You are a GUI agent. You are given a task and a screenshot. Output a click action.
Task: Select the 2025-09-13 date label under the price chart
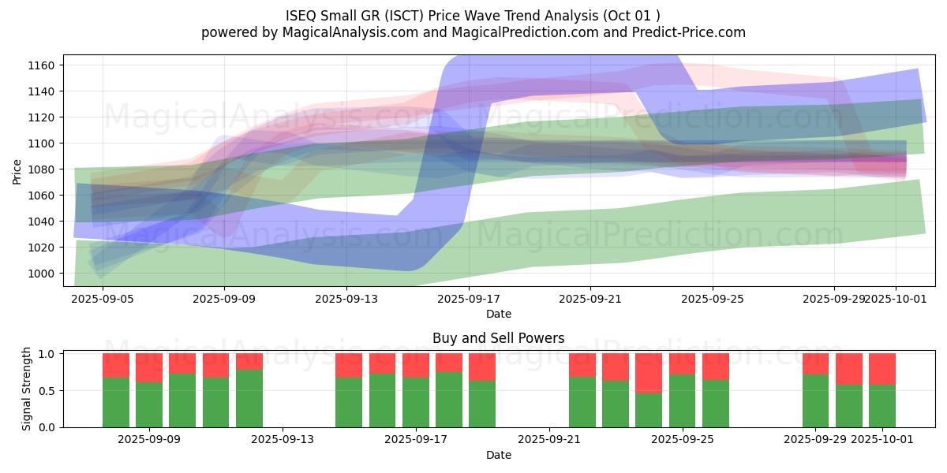(346, 299)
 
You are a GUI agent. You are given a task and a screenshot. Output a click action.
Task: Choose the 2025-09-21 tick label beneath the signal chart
(549, 440)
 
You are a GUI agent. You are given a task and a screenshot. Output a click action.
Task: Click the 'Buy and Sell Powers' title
(498, 338)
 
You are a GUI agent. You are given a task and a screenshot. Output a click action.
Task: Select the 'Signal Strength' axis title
(27, 389)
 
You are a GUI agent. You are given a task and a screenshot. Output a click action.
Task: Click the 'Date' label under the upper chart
(498, 314)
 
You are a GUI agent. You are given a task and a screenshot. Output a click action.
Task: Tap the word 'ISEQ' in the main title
(304, 15)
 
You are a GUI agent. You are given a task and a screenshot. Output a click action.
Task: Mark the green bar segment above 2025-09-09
(149, 404)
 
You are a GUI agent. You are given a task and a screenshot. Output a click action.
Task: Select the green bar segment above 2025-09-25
(682, 400)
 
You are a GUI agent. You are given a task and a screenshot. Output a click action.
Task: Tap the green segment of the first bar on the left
(116, 402)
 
